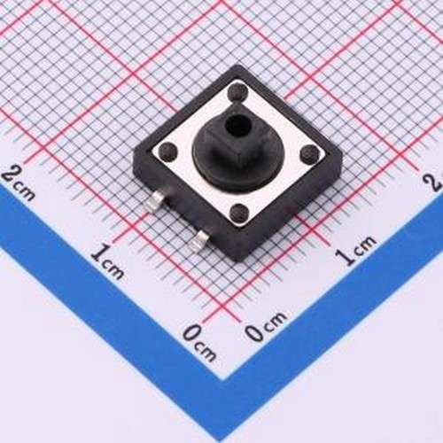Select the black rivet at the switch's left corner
(x=165, y=147)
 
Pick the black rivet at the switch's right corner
(x=308, y=155)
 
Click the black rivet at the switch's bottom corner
(x=240, y=213)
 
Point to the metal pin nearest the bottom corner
(x=199, y=236)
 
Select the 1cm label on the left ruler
(x=107, y=261)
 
